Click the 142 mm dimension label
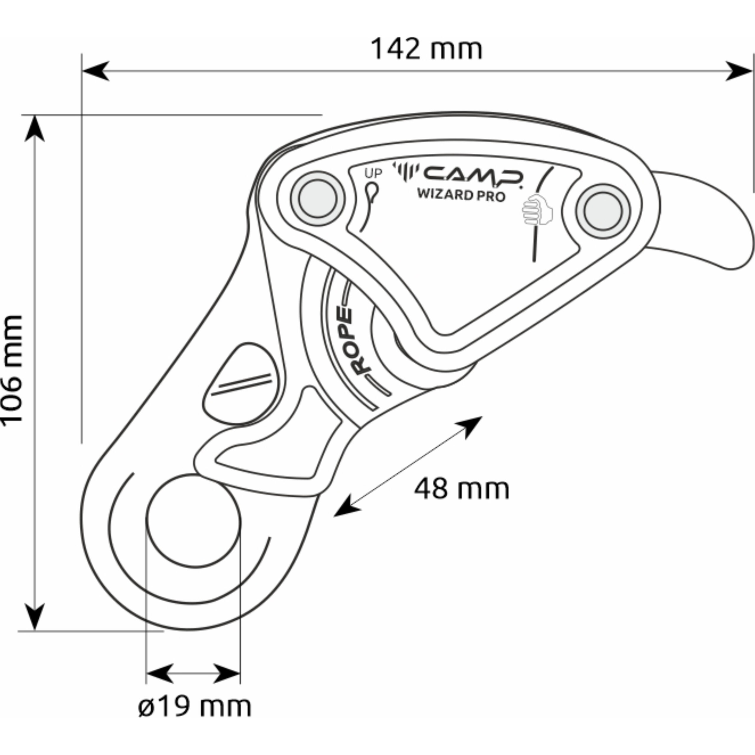tap(426, 49)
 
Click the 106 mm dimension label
tap(12, 370)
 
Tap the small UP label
tap(373, 173)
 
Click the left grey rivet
tap(317, 198)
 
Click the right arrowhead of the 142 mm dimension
tap(738, 71)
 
